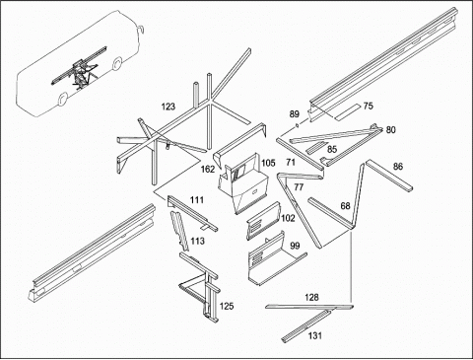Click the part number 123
pyautogui.click(x=169, y=107)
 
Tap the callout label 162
pyautogui.click(x=208, y=170)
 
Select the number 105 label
pyautogui.click(x=268, y=163)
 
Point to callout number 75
pyautogui.click(x=369, y=106)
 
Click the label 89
pyautogui.click(x=295, y=114)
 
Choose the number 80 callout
pyautogui.click(x=390, y=130)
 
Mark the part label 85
pyautogui.click(x=332, y=149)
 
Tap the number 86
pyautogui.click(x=398, y=167)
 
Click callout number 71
pyautogui.click(x=291, y=162)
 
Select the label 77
pyautogui.click(x=299, y=187)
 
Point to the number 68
pyautogui.click(x=345, y=206)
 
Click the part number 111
pyautogui.click(x=197, y=200)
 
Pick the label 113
pyautogui.click(x=197, y=241)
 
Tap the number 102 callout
pyautogui.click(x=288, y=218)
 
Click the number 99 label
pyautogui.click(x=295, y=246)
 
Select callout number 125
pyautogui.click(x=227, y=307)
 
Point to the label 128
pyautogui.click(x=311, y=297)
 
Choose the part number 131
pyautogui.click(x=315, y=335)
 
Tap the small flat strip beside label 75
pyautogui.click(x=347, y=111)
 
